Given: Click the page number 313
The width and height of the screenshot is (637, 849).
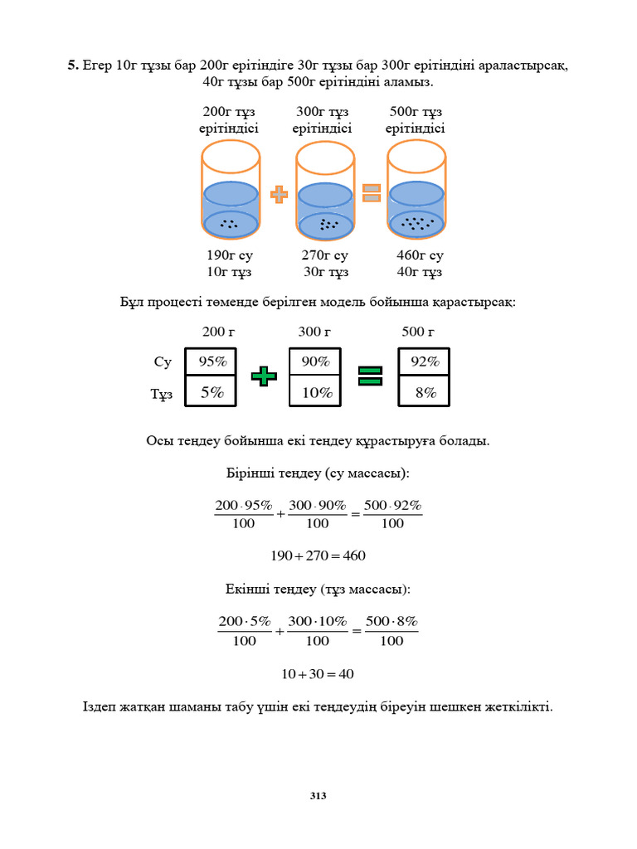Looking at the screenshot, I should (318, 796).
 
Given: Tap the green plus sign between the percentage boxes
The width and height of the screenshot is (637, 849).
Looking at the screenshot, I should (264, 376).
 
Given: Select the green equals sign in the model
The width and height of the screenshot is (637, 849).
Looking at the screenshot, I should (370, 376).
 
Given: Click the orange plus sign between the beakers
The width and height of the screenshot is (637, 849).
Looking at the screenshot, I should (279, 194).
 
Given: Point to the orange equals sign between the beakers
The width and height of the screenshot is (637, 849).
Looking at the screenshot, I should (372, 193).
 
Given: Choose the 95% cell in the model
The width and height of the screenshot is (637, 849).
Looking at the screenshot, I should (212, 362).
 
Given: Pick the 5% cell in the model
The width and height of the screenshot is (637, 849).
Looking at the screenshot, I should (212, 392).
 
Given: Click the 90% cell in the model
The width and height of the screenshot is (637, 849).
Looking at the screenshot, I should (316, 362).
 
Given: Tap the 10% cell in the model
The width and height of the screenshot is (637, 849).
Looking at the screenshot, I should (316, 392).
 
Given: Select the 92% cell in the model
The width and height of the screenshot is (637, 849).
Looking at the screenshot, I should (425, 362).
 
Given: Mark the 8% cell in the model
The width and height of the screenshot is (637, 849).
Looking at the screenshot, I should (425, 392).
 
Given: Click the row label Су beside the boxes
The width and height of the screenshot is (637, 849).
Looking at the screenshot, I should (163, 362).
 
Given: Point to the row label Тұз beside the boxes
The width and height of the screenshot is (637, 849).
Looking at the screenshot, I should (162, 395).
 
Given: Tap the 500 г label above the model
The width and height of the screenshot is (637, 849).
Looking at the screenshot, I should (418, 332).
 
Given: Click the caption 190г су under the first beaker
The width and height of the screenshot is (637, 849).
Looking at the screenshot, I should (230, 255).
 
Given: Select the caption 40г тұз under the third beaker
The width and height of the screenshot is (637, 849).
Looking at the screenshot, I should (419, 272).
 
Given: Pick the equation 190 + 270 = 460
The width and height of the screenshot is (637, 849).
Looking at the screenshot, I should (318, 555).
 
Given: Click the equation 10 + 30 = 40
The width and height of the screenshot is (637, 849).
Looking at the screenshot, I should (318, 674).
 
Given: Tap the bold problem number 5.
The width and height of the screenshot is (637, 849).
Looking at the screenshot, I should (73, 65).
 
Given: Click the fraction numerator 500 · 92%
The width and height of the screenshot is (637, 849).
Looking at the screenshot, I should (393, 505).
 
